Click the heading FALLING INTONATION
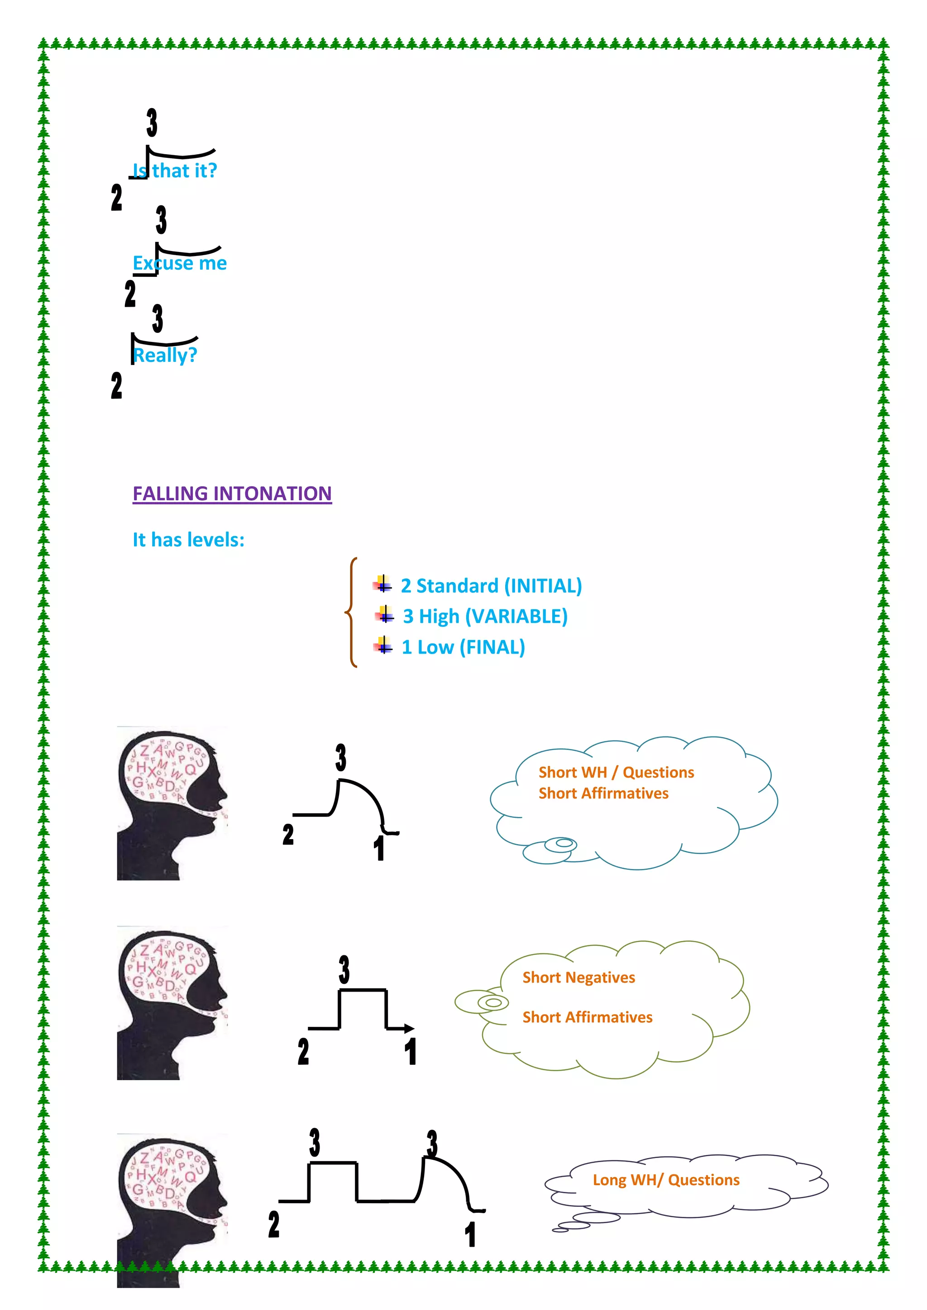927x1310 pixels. click(232, 494)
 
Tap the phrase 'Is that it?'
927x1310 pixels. click(175, 171)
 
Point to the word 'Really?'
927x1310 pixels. click(165, 356)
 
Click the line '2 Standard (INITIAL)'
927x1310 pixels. click(491, 586)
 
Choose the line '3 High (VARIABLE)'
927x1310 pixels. click(485, 617)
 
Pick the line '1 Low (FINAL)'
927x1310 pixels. click(463, 648)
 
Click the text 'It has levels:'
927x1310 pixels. click(188, 540)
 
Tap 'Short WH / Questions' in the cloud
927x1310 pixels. click(616, 773)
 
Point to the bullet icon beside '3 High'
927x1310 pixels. click(385, 616)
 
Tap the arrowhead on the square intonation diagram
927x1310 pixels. click(409, 1029)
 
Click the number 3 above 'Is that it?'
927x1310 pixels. click(152, 123)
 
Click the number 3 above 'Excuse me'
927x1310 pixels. click(161, 220)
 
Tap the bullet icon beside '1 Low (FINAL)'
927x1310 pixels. click(383, 646)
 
